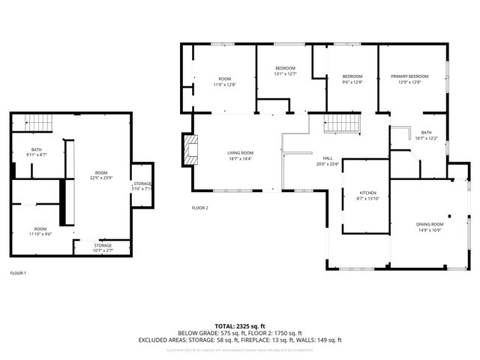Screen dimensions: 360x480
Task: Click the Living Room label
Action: [x=240, y=153]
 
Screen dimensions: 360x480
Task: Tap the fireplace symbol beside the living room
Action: [x=190, y=149]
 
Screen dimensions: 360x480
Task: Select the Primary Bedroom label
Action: [x=409, y=76]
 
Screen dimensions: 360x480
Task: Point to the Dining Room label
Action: [x=430, y=224]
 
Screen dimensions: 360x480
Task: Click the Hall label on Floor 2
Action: [x=328, y=158]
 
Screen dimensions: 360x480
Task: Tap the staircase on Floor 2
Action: [x=342, y=124]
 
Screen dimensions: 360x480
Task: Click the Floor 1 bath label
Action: [x=36, y=149]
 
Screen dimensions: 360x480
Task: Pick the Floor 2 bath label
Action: [x=426, y=133]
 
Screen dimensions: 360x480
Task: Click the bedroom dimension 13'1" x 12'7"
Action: [x=285, y=74]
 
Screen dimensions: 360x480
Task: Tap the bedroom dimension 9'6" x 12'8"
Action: [x=352, y=82]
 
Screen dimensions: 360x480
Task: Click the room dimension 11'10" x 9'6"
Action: [x=40, y=234]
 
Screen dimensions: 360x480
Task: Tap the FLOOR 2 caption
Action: [x=199, y=208]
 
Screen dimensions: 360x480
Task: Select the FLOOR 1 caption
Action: [x=18, y=273]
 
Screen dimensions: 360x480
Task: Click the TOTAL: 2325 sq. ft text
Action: [x=239, y=325]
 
